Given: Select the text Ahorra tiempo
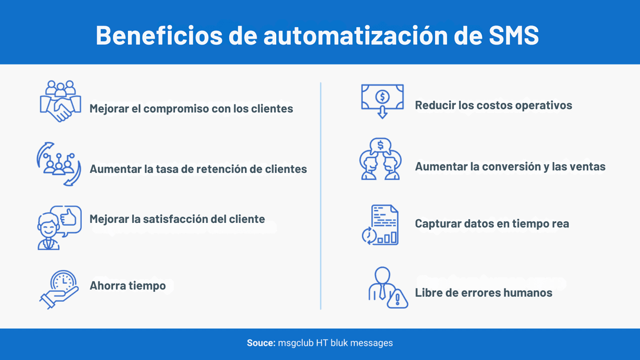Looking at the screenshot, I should [127, 286].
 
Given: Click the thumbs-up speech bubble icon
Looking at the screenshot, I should [59, 227].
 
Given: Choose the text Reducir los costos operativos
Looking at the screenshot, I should [493, 105].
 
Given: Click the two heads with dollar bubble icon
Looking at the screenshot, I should [381, 158].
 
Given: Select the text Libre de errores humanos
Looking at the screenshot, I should [483, 293].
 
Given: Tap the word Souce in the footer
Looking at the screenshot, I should [260, 343].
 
